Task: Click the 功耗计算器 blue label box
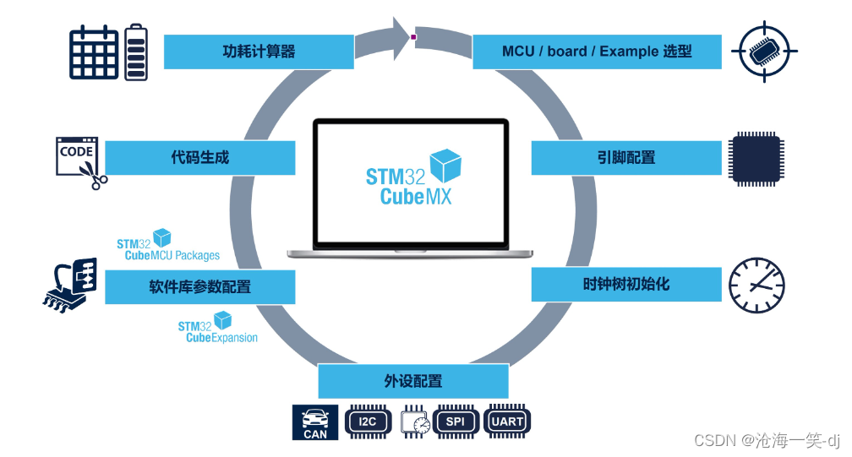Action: pos(259,52)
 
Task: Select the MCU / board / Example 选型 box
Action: pos(597,52)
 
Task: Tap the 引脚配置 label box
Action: pos(626,158)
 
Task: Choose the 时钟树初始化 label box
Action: pos(626,284)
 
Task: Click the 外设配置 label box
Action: pos(413,381)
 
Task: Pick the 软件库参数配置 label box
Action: pos(200,287)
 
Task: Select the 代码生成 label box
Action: pos(200,158)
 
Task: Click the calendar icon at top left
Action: pos(94,52)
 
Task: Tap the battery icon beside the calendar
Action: pos(136,52)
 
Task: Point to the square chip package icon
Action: pos(754,158)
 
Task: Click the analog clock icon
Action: pos(756,285)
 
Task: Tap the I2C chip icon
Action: pos(368,421)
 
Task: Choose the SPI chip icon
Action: pos(456,421)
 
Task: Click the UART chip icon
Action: pos(508,421)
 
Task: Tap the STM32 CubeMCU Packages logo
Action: pos(167,246)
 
